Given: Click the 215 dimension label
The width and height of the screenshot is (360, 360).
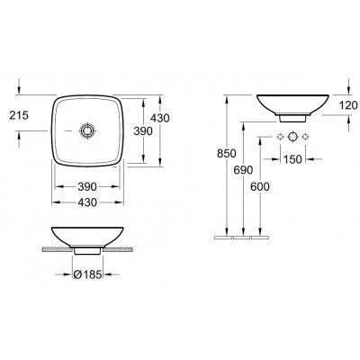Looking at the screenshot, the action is [19, 115].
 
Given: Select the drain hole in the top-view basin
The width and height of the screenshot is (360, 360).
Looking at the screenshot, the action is [87, 130].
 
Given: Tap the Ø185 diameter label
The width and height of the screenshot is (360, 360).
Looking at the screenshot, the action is [87, 274].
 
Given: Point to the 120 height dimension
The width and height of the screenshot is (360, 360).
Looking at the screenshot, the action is [348, 105].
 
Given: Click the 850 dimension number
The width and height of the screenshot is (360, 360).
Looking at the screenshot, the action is [227, 153].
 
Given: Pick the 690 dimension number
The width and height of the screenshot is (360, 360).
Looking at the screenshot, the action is [243, 170].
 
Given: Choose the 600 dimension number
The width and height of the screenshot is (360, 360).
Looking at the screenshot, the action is [260, 186].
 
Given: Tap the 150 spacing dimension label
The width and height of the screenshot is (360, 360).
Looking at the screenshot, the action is [292, 159].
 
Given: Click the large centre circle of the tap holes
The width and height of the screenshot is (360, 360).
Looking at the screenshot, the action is [292, 137].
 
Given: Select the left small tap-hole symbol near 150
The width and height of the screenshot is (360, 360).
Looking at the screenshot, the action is [280, 137].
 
